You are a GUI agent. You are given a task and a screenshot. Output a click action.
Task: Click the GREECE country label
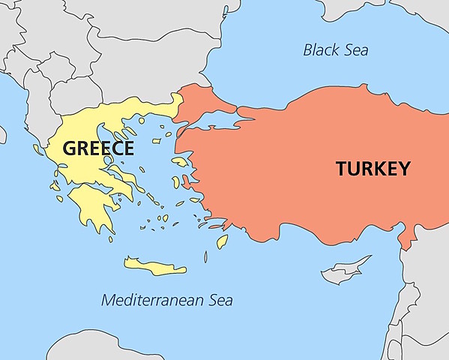click(98, 148)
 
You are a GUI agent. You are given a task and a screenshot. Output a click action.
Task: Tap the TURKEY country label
click(373, 169)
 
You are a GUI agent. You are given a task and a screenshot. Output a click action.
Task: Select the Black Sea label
click(336, 50)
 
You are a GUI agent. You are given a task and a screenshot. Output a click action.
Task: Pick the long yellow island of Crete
click(154, 266)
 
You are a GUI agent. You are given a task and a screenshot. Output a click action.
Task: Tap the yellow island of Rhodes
click(222, 241)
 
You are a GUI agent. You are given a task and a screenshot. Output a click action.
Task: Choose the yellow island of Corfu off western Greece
click(36, 149)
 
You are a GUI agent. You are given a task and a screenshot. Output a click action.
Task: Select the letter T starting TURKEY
click(342, 169)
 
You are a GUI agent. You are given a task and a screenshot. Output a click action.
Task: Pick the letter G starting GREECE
click(70, 148)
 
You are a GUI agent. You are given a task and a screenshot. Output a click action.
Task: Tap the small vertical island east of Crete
click(205, 257)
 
